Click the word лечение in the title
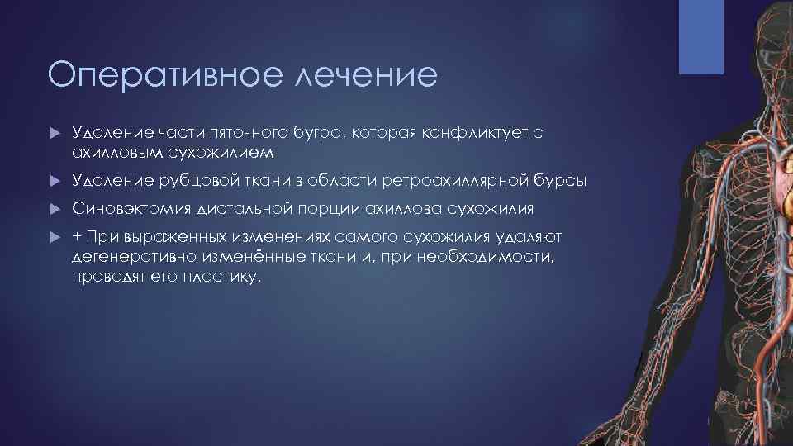tap(363, 75)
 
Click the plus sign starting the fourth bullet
tap(77, 237)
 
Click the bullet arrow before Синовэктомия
tap(54, 208)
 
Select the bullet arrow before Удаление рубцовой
tap(54, 181)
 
